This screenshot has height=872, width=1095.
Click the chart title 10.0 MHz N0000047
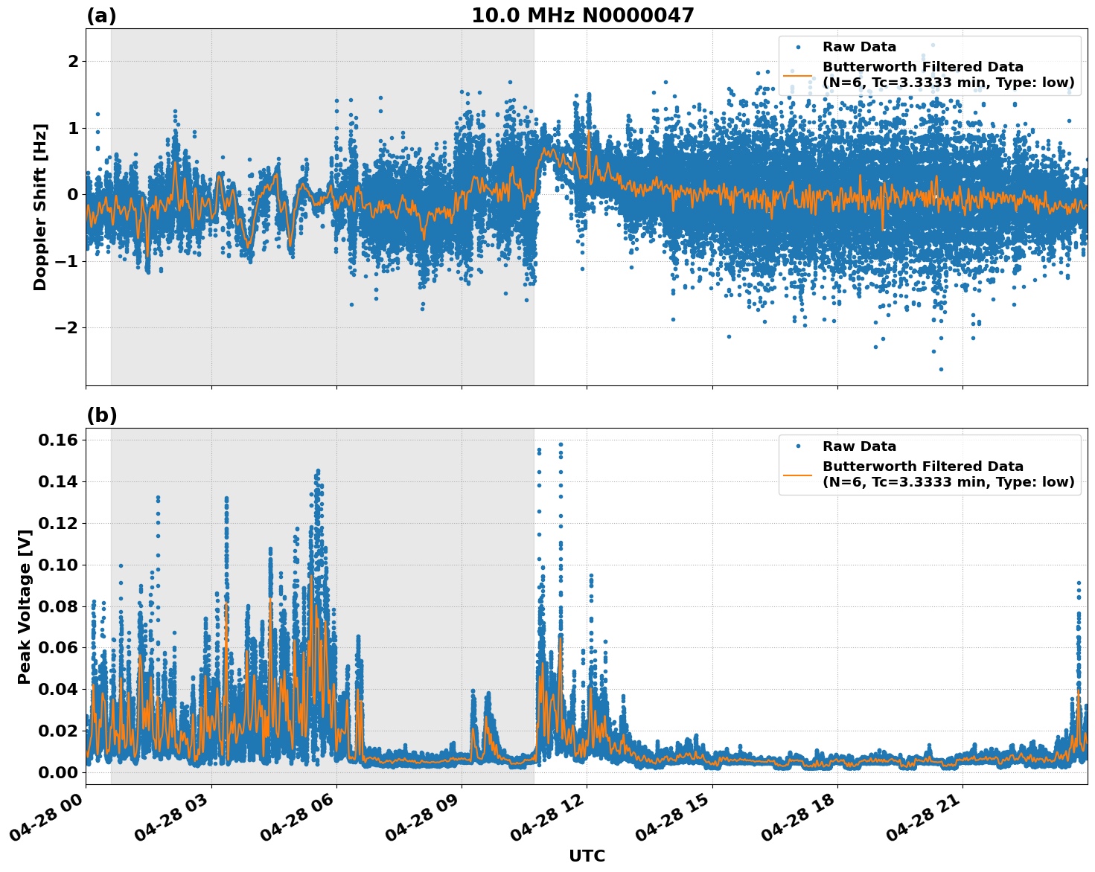582,16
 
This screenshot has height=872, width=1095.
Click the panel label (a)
101,16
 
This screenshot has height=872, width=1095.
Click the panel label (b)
101,415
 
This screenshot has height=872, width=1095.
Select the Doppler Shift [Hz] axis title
40,207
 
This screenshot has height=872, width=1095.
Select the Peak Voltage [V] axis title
25,606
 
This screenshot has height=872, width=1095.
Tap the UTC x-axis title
587,856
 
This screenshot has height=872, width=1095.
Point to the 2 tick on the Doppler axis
73,61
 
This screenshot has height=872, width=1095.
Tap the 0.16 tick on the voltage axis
58,440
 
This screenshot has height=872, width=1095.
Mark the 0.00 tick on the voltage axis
58,772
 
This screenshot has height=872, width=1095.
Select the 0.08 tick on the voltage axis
58,606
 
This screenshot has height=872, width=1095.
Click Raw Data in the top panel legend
859,47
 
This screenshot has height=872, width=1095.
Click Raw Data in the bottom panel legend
859,446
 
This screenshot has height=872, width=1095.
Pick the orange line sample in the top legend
798,75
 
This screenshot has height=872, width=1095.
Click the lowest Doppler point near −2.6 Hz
940,369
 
